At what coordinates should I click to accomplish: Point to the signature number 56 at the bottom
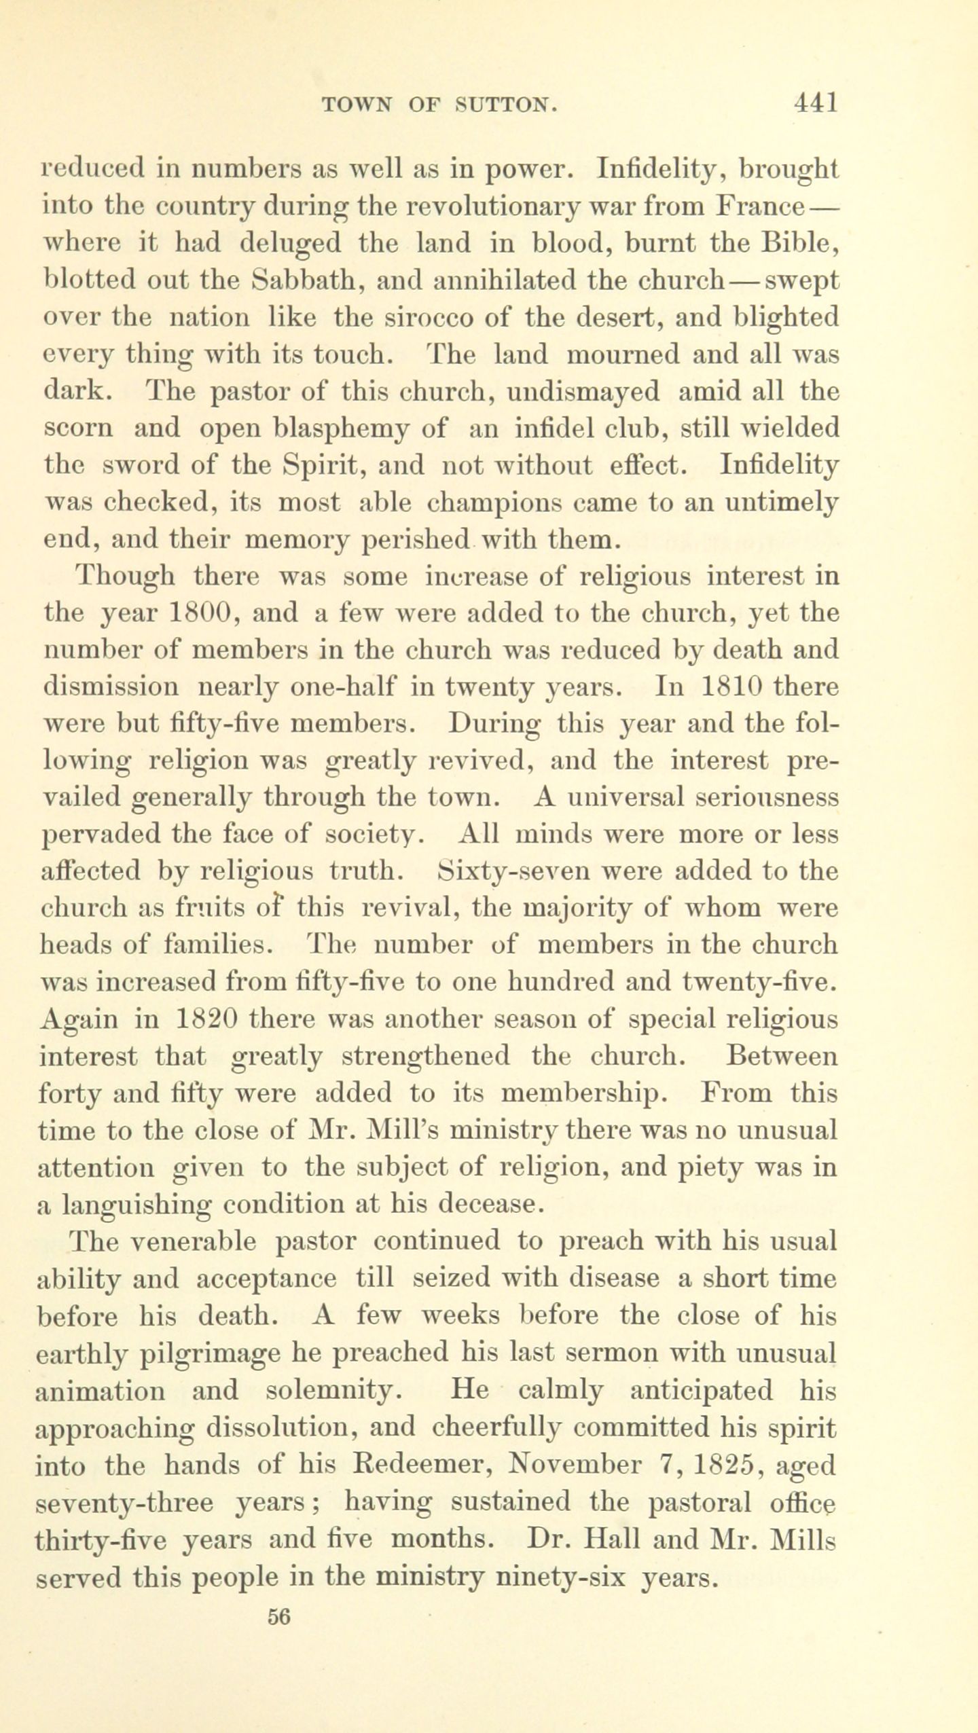279,1616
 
